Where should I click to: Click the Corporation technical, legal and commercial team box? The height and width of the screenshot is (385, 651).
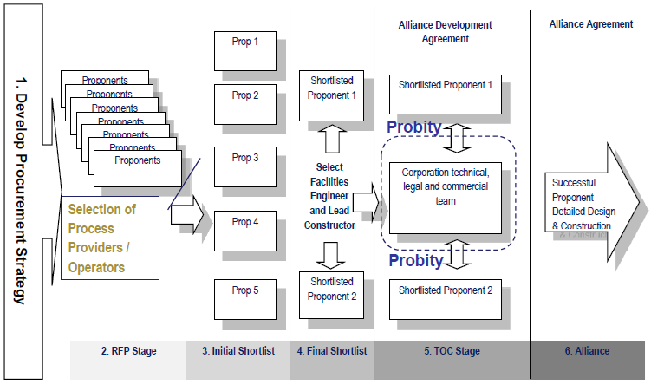point(446,196)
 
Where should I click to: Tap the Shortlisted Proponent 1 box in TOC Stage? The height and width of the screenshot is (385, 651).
point(446,94)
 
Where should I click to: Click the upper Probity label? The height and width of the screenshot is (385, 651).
point(414,127)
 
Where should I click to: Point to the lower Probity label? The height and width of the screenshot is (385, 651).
point(414,260)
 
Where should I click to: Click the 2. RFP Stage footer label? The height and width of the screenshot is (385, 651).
point(128,351)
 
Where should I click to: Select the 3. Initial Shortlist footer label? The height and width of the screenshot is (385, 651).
point(238,351)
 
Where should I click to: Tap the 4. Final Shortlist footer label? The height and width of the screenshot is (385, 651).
point(331,351)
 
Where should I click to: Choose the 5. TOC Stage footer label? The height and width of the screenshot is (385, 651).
point(451,351)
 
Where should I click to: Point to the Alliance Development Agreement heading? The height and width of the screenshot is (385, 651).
point(446,31)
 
